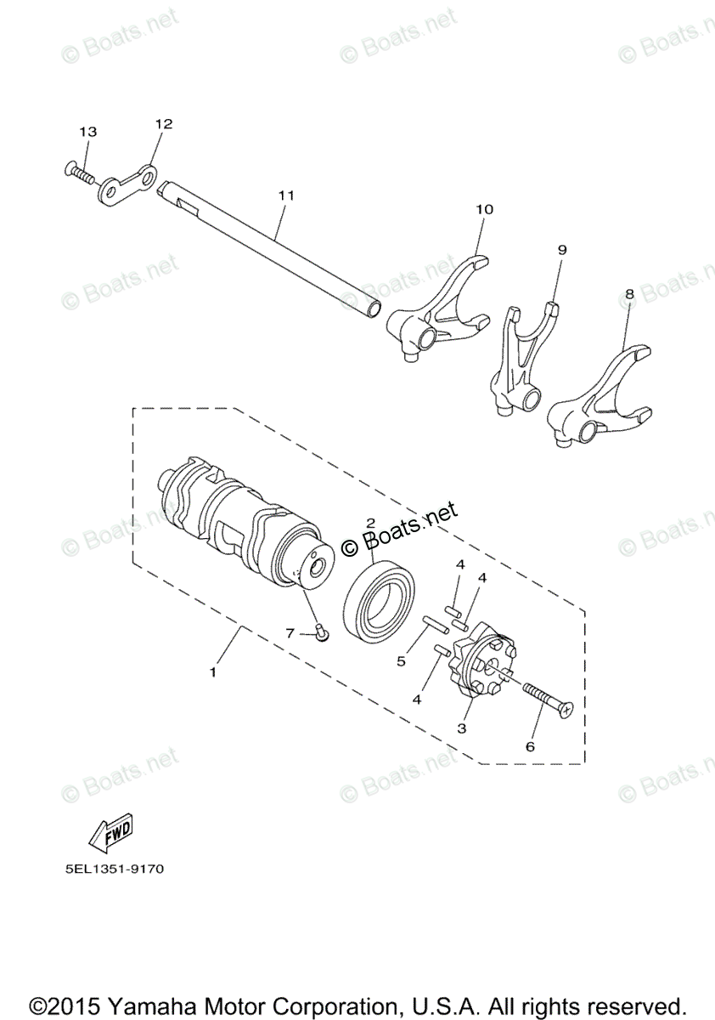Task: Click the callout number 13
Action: [x=88, y=132]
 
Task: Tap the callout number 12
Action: [x=163, y=123]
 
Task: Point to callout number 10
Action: [x=484, y=208]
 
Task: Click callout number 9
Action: [x=561, y=250]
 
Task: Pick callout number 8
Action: [x=629, y=293]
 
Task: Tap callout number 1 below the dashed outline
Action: [x=212, y=671]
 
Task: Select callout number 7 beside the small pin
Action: [x=290, y=632]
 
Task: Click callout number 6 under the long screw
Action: [x=530, y=746]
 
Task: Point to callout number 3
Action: [x=461, y=728]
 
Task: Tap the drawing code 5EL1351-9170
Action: [x=113, y=870]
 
